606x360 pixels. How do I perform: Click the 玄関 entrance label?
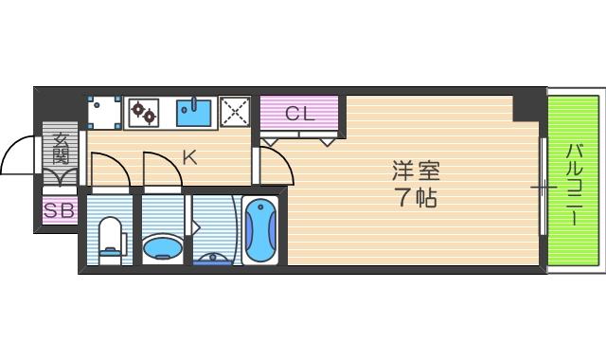(61, 152)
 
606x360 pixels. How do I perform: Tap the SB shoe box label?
(59, 211)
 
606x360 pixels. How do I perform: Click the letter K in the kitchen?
(189, 158)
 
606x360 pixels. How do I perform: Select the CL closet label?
(299, 115)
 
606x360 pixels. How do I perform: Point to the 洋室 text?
(417, 172)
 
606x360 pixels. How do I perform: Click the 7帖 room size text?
(417, 199)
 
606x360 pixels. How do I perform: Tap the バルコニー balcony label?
(575, 183)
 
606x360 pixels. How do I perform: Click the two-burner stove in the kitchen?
(144, 113)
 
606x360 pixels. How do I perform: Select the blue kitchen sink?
(194, 113)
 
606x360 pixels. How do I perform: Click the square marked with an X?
(234, 113)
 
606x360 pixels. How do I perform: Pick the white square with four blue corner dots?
(104, 113)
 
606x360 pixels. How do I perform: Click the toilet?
(111, 237)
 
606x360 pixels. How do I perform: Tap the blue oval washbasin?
(162, 249)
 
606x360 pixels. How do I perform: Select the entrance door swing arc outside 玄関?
(19, 157)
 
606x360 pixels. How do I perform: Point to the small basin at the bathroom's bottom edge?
(213, 258)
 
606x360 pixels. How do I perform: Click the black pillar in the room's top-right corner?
(525, 107)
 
